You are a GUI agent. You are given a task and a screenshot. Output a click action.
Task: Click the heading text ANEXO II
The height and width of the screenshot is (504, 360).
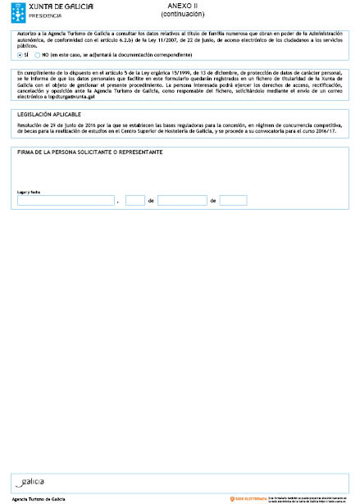pos(184,6)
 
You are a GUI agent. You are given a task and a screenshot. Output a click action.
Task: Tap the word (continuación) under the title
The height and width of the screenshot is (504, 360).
pos(184,14)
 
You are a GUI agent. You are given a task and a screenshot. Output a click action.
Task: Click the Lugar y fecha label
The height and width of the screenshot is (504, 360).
pos(29,192)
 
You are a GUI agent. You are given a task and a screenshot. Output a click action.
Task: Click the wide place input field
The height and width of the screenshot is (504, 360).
pos(66,200)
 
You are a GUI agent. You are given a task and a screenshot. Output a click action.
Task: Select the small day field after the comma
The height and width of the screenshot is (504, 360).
pos(135,200)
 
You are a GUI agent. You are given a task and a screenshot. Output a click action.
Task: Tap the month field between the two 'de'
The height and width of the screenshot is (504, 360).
pos(182,200)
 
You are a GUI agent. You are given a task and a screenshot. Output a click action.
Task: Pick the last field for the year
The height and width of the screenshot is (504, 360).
pos(233,200)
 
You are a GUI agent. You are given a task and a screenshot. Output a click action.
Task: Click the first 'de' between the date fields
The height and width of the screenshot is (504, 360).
pos(151,201)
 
